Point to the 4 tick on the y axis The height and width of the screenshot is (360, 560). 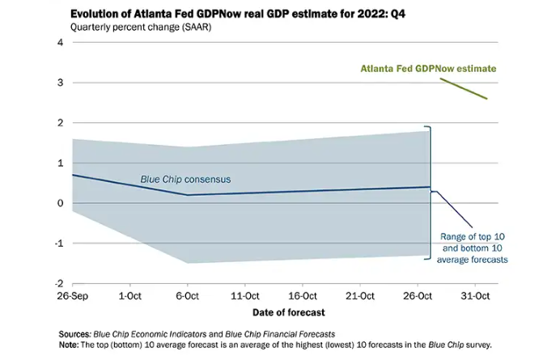59,42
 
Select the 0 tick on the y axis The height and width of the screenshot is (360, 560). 59,203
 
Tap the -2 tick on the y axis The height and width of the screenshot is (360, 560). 57,284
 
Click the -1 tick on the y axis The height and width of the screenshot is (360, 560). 57,244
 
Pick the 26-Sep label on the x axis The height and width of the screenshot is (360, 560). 72,296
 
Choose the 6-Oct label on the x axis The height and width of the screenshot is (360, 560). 188,296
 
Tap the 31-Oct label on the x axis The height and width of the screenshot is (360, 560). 476,296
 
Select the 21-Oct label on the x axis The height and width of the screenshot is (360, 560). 360,296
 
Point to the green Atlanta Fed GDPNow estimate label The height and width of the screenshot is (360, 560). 428,69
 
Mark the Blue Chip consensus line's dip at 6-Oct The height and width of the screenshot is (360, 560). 187,195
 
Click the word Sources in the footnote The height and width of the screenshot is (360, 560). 75,334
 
